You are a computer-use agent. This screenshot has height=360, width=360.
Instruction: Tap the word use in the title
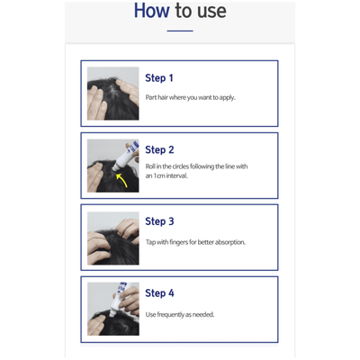[210, 12]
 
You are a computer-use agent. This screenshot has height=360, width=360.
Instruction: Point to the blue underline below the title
[180, 31]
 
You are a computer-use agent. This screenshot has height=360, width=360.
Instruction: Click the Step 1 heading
[159, 78]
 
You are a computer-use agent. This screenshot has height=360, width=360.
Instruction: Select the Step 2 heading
[159, 149]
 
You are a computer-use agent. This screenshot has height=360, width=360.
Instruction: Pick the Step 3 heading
[159, 221]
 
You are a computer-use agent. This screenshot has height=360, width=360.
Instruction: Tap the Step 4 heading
[159, 293]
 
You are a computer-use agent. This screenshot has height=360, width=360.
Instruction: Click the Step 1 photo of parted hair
[112, 94]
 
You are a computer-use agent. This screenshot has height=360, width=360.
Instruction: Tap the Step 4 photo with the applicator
[112, 309]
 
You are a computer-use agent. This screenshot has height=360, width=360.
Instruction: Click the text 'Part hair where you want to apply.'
[190, 97]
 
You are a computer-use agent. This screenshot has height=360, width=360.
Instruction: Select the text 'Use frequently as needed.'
[179, 314]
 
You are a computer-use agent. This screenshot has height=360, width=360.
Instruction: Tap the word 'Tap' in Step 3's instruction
[150, 242]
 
